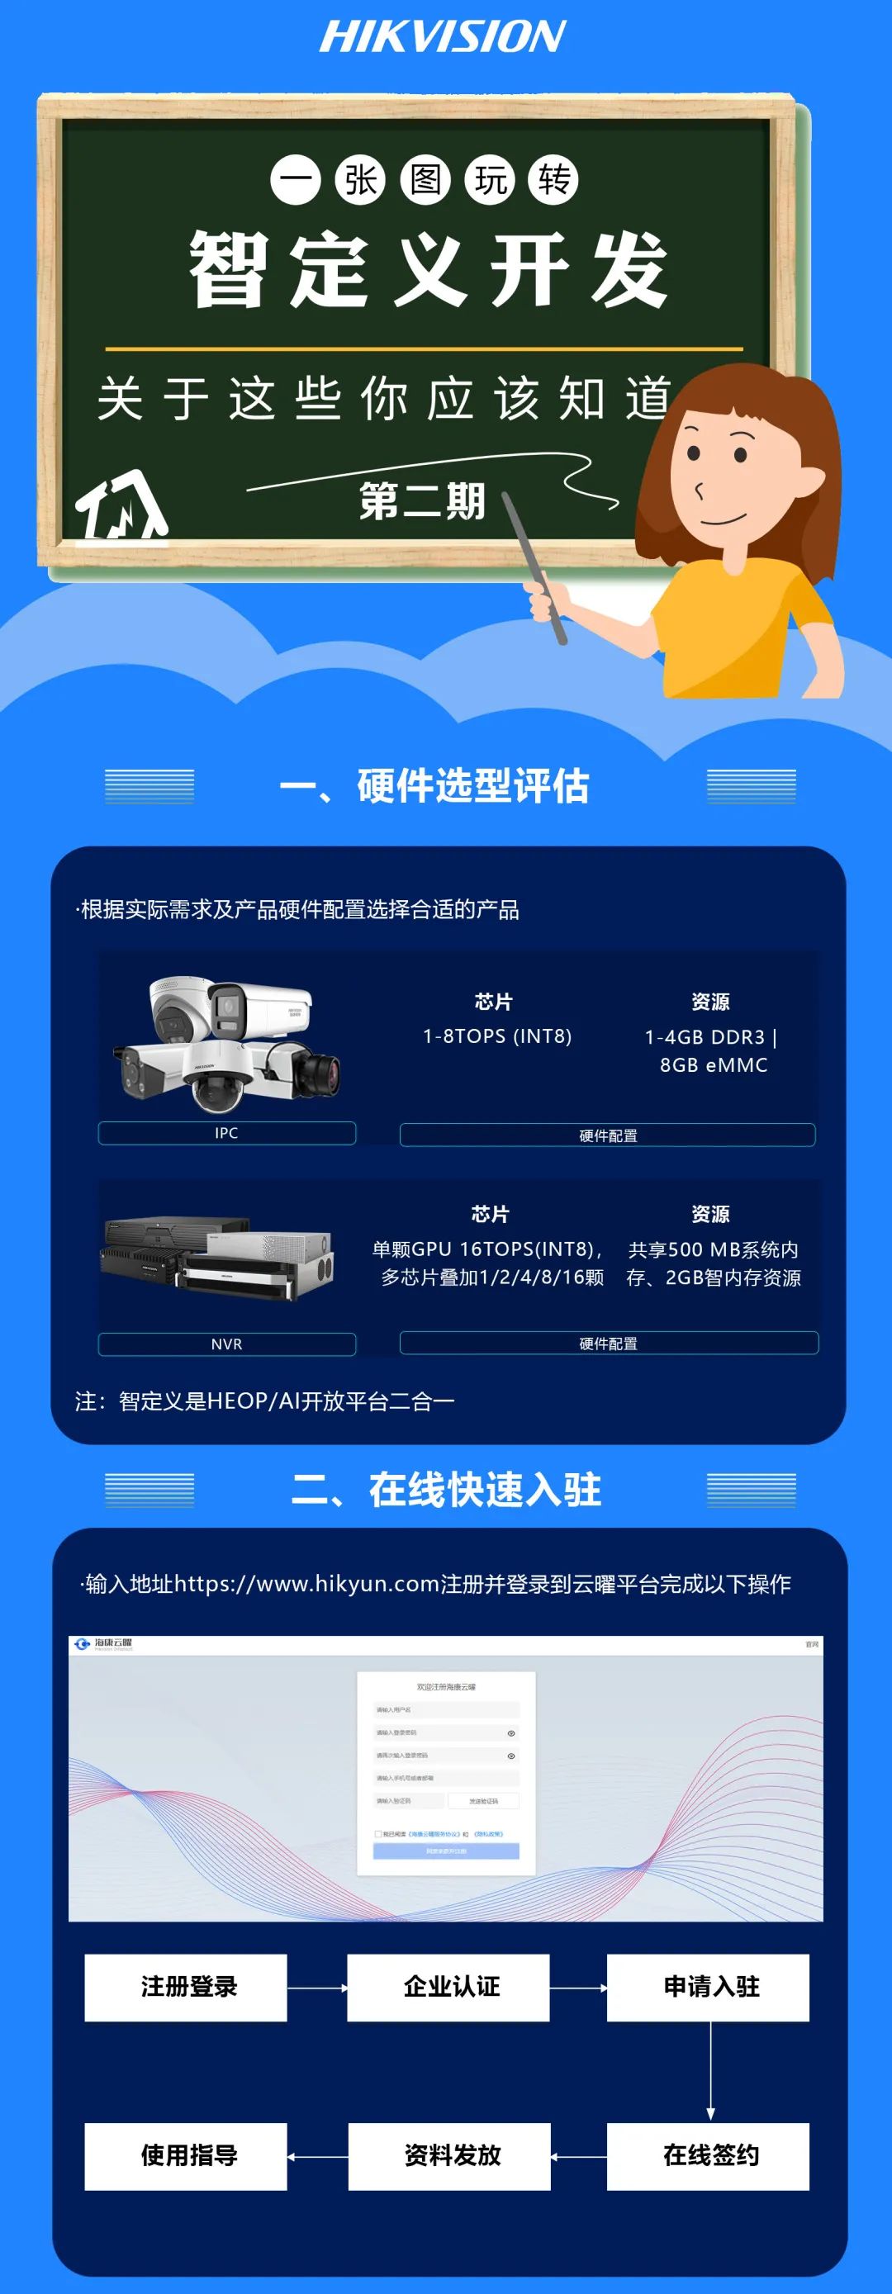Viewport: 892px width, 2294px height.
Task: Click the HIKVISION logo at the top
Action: pos(442,36)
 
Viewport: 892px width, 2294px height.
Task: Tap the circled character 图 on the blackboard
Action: pos(425,180)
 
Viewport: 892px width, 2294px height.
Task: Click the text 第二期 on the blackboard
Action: pos(421,501)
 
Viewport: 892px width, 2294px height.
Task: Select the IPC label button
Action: pos(226,1133)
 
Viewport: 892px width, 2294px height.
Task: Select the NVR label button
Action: pos(226,1344)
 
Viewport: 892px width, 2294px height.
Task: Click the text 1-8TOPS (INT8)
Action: pos(496,1036)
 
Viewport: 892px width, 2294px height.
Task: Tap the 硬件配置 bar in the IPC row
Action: pos(607,1135)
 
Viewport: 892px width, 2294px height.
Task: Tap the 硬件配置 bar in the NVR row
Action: pos(608,1343)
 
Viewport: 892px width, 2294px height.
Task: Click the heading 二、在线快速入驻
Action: pos(445,1489)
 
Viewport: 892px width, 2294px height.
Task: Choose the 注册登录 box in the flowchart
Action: pos(186,1987)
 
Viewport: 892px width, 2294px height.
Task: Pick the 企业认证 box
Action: pos(448,1987)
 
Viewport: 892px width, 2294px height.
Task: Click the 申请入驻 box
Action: pos(709,1987)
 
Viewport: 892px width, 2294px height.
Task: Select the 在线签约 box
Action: pos(709,2156)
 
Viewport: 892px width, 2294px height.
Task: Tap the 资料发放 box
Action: pos(449,2156)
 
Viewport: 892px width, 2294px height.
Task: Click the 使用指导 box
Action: pos(186,2156)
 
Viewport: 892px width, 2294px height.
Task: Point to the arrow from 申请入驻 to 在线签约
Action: pos(710,2070)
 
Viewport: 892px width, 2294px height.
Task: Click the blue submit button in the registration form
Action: pos(445,1851)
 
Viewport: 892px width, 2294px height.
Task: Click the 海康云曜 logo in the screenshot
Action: pos(104,1644)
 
